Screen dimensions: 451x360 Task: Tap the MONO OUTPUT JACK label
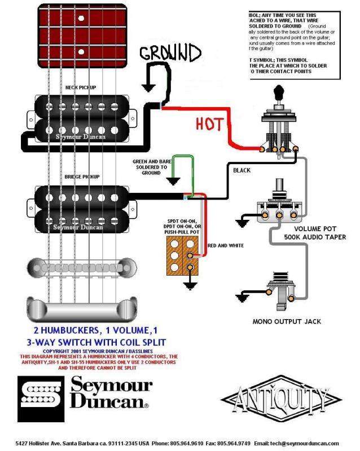[x=287, y=321]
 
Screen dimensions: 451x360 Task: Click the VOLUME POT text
[x=305, y=229]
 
